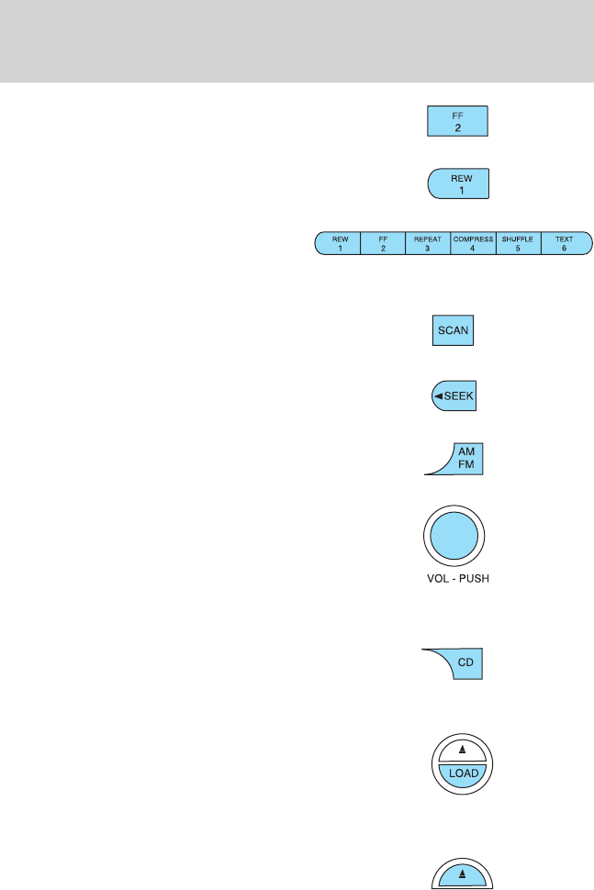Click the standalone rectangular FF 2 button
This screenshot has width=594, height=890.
[458, 122]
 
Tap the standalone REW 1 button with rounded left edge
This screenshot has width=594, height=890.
[459, 184]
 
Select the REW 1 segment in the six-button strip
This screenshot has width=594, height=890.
[340, 243]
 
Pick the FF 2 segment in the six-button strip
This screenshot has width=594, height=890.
[383, 243]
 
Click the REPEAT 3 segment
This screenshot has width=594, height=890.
[428, 243]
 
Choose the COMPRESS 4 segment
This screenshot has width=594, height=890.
[473, 243]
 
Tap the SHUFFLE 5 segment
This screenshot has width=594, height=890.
[518, 243]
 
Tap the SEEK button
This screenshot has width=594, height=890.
[454, 396]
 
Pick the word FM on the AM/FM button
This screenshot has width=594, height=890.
[465, 465]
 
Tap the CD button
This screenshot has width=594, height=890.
[465, 663]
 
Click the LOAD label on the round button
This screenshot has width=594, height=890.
[462, 773]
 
